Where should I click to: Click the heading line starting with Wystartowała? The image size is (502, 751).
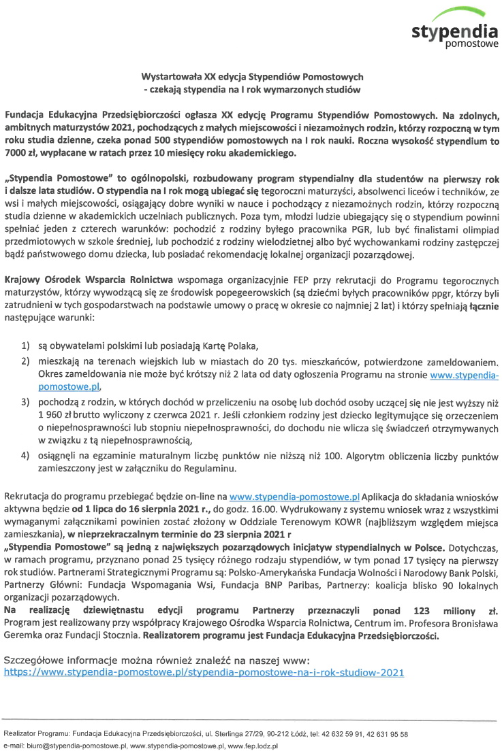tap(252, 77)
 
